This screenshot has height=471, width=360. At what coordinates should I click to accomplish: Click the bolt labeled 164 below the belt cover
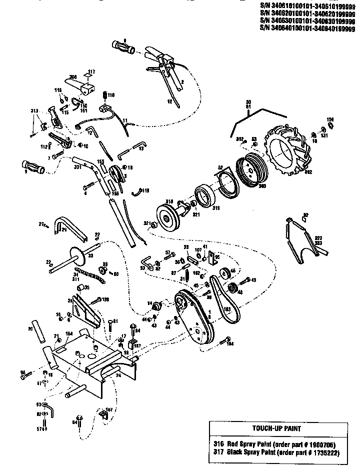(x=221, y=342)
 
